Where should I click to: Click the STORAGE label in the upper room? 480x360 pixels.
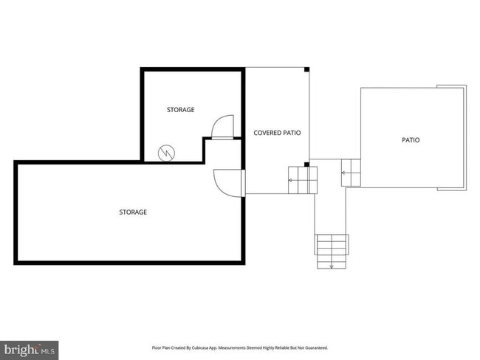pos(180,110)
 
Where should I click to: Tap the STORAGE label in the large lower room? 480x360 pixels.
pos(133,212)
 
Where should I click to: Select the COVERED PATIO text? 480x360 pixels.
pos(277,133)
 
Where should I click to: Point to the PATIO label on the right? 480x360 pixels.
pos(410,139)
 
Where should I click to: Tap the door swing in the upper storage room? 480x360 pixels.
pos(222,127)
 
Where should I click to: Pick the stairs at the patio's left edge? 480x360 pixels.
pos(352,173)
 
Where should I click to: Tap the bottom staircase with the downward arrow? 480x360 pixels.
pos(332,249)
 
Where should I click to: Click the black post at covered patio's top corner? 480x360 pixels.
pos(307,69)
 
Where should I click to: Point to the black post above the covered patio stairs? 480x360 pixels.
pos(307,164)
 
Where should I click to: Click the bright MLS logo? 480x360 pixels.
pos(30,348)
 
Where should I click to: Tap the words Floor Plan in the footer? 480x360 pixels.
pos(162,347)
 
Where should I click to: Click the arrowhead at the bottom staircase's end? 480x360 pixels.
pos(332,265)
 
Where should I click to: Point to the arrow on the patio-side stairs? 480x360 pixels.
pos(344,173)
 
